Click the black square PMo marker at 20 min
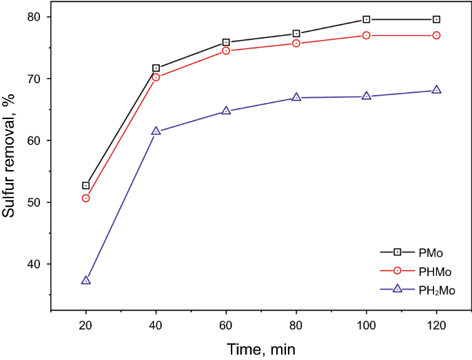coord(86,186)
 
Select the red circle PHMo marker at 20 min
coord(86,198)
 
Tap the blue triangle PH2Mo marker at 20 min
coord(86,280)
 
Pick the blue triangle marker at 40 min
coord(156,131)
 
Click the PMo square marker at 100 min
coord(367,19)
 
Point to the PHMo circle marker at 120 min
coord(436,35)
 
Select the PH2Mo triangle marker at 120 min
coord(436,90)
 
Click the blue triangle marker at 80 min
coord(296,97)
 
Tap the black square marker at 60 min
coord(226,43)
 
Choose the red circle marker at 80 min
coord(296,43)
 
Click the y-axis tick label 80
coord(34,17)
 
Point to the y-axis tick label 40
coord(34,264)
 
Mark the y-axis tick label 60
coord(34,140)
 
